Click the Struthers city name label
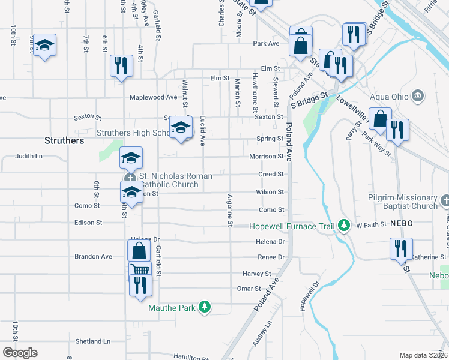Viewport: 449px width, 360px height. click(x=64, y=140)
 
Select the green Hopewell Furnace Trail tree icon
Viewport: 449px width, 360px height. click(x=344, y=226)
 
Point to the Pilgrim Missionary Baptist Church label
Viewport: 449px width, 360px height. click(x=403, y=202)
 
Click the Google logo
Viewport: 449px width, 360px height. click(x=19, y=353)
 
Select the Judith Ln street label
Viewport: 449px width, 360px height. click(x=29, y=156)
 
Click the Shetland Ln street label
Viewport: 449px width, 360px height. click(x=93, y=341)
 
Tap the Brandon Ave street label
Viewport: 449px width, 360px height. click(x=93, y=256)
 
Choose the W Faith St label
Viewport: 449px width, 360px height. click(x=370, y=226)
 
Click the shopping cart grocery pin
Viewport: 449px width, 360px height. click(x=139, y=271)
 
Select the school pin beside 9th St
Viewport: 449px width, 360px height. click(x=44, y=46)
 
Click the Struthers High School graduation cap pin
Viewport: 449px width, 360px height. click(x=181, y=127)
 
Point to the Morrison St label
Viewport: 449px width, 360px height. click(x=267, y=157)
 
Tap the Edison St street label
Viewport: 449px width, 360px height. click(x=88, y=223)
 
